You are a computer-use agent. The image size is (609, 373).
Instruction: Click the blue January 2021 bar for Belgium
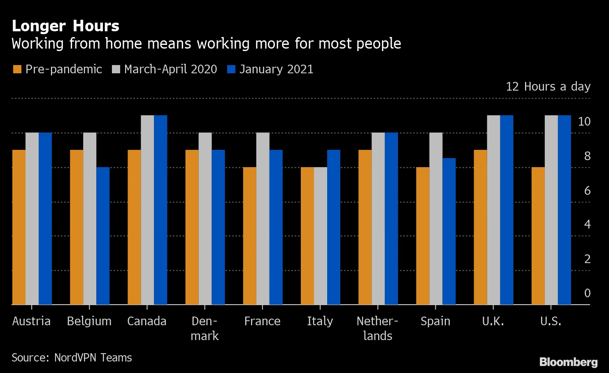coord(103,236)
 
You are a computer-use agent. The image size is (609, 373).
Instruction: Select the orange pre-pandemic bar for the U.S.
coord(538,236)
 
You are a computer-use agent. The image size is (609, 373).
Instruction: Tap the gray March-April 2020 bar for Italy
coord(320,236)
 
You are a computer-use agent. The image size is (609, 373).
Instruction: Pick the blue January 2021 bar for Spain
coord(449,231)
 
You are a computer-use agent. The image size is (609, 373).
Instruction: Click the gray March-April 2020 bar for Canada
coord(147,210)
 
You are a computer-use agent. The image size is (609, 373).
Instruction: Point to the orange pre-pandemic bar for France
coord(249,236)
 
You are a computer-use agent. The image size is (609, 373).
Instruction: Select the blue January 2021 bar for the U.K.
coord(507,210)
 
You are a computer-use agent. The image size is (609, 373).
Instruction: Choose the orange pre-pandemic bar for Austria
coord(19,227)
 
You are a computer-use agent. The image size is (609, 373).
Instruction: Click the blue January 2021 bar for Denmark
coord(218,227)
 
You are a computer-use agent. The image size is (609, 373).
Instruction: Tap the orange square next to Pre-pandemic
coord(17,69)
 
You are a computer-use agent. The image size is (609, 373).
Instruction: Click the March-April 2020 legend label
coord(170,69)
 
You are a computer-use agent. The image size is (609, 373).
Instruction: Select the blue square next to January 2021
coord(231,69)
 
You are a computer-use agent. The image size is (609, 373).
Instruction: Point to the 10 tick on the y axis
coord(584,121)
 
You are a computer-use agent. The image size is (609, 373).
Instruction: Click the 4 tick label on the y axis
coord(587,224)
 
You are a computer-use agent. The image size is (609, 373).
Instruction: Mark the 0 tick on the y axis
coord(587,293)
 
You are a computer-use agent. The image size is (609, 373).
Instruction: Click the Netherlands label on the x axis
coord(377,328)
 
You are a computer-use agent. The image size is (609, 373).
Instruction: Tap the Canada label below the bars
coord(147,321)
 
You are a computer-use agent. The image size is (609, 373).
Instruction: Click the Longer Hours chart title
coord(65,26)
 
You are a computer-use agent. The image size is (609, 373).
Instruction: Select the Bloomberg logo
coord(568,362)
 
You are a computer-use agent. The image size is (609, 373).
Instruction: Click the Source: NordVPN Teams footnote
coord(72,357)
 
